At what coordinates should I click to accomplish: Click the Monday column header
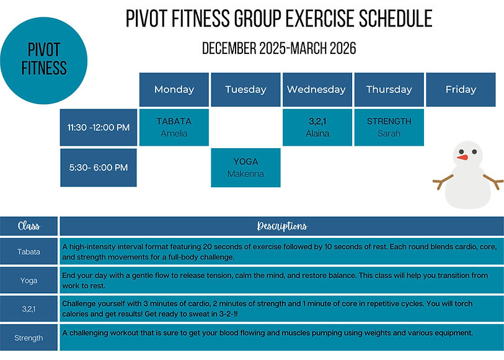click(174, 90)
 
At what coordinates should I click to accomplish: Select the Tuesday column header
click(245, 90)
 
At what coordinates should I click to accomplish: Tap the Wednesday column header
click(317, 90)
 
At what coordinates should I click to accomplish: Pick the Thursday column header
click(389, 90)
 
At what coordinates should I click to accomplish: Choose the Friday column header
click(461, 90)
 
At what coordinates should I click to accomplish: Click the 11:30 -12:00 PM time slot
click(99, 128)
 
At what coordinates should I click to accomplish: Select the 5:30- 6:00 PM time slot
click(99, 167)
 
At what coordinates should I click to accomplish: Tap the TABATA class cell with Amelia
click(174, 128)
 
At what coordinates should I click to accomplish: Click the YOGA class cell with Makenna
click(245, 167)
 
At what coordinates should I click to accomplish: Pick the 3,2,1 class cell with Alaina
click(317, 128)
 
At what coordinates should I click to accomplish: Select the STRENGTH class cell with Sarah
click(389, 128)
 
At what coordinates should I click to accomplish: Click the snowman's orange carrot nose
click(462, 157)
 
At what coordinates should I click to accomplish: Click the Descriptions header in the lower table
click(281, 226)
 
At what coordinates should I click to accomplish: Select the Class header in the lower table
click(29, 226)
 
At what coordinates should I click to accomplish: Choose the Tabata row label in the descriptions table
click(29, 252)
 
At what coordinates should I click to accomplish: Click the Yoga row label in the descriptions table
click(29, 281)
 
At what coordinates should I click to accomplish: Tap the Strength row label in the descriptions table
click(29, 338)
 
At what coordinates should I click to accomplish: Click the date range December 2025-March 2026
click(279, 49)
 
